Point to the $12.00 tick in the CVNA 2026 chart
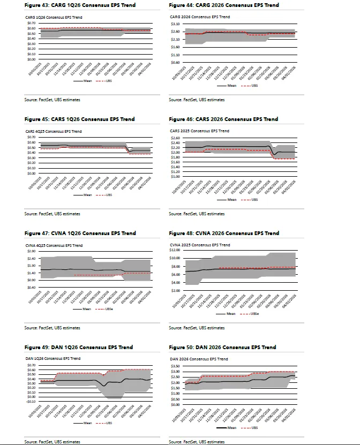click(x=176, y=250)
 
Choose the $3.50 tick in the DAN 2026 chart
click(x=175, y=365)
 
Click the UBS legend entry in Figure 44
click(x=254, y=85)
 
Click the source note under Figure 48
click(x=197, y=328)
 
